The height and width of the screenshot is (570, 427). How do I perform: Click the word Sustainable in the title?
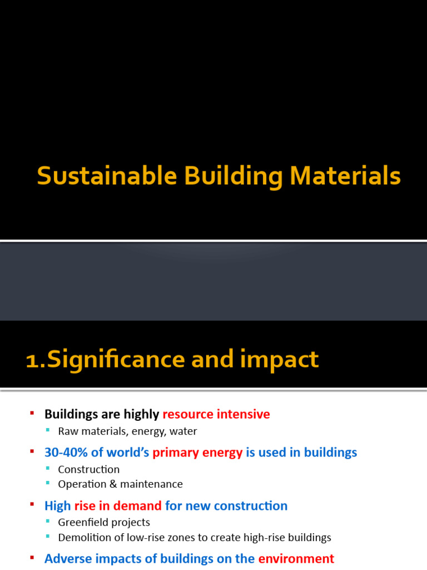[106, 176]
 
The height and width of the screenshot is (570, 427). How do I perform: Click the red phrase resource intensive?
[216, 414]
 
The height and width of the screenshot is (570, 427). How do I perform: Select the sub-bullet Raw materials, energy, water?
[127, 431]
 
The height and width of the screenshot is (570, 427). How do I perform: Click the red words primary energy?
[197, 453]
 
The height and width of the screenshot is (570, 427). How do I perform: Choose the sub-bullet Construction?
[88, 469]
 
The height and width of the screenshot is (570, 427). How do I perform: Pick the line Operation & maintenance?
[120, 484]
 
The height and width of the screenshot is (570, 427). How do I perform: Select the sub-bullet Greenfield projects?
[104, 522]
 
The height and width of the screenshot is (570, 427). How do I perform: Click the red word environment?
[296, 558]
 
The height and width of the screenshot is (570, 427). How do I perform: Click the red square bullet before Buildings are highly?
[32, 412]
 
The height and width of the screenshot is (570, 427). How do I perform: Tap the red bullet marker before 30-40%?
[32, 451]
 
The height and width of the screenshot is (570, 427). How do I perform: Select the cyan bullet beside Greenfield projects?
[48, 522]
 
